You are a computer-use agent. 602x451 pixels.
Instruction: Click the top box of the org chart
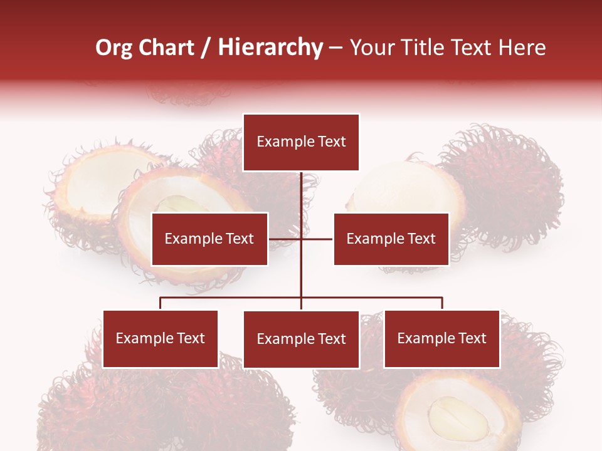[x=301, y=142]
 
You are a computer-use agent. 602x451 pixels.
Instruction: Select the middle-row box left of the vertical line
[x=209, y=239]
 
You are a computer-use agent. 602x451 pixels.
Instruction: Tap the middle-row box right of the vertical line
[x=391, y=239]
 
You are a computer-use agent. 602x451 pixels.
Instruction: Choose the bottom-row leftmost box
[x=160, y=338]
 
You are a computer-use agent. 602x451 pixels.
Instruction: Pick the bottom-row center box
[x=301, y=339]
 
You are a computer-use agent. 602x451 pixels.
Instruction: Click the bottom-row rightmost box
[x=441, y=338]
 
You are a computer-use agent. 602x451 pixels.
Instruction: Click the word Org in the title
[x=114, y=48]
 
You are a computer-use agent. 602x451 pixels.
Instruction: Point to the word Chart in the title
[x=166, y=48]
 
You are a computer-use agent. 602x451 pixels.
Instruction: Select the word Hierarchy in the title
[x=270, y=48]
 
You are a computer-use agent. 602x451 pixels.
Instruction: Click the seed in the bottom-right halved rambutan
[x=457, y=418]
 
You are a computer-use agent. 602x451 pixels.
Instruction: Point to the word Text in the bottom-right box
[x=471, y=338]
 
